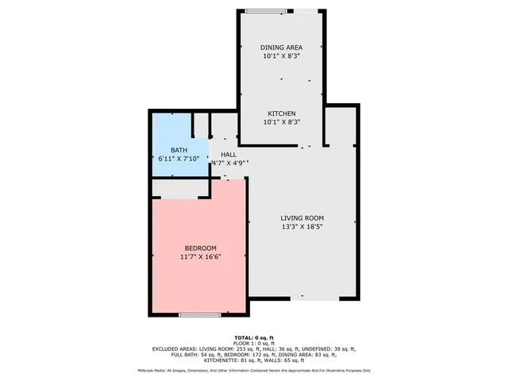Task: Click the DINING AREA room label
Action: pyautogui.click(x=281, y=48)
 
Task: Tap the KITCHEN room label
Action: pyautogui.click(x=281, y=114)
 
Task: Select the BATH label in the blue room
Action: pyautogui.click(x=179, y=150)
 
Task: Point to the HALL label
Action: pyautogui.click(x=229, y=155)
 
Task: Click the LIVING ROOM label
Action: pyautogui.click(x=302, y=217)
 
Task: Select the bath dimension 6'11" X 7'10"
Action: pyautogui.click(x=179, y=159)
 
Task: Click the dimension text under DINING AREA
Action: pyautogui.click(x=281, y=56)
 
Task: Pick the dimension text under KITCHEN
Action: pyautogui.click(x=281, y=122)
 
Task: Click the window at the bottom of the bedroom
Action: pyautogui.click(x=199, y=315)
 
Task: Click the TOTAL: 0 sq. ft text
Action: pyautogui.click(x=255, y=337)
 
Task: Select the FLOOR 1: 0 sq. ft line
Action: pyautogui.click(x=255, y=343)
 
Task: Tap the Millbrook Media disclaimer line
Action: pyautogui.click(x=255, y=370)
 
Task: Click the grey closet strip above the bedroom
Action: pyautogui.click(x=179, y=188)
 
